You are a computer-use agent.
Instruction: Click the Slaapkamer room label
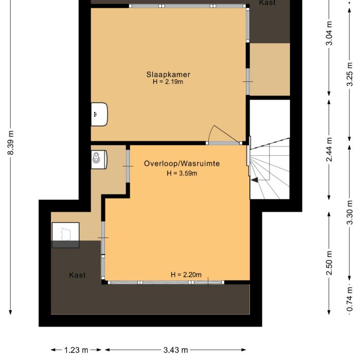click(x=168, y=74)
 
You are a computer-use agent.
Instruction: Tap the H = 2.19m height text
click(x=168, y=81)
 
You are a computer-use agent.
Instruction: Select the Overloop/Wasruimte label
click(x=182, y=164)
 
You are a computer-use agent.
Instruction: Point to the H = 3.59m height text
click(x=182, y=173)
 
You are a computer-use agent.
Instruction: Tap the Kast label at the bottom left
click(x=77, y=275)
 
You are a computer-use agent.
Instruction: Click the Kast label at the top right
click(x=267, y=3)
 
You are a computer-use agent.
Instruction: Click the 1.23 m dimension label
click(x=76, y=350)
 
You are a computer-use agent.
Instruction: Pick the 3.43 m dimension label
click(x=176, y=350)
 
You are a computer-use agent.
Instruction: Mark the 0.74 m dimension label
click(x=350, y=299)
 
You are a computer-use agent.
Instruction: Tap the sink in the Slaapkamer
click(x=99, y=114)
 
